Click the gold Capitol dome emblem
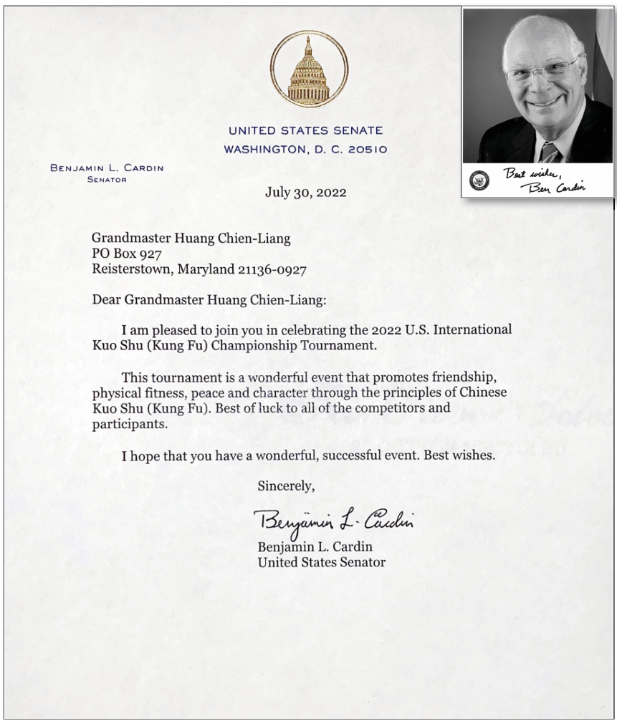[x=308, y=70]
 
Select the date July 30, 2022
[x=305, y=193]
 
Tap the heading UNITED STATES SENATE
[x=305, y=131]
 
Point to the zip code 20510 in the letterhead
[x=368, y=150]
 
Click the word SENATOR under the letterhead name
[x=106, y=180]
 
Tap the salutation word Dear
[x=106, y=299]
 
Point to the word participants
[x=124, y=424]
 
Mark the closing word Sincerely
[x=286, y=486]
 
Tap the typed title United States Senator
[x=321, y=563]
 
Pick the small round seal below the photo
[x=477, y=180]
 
